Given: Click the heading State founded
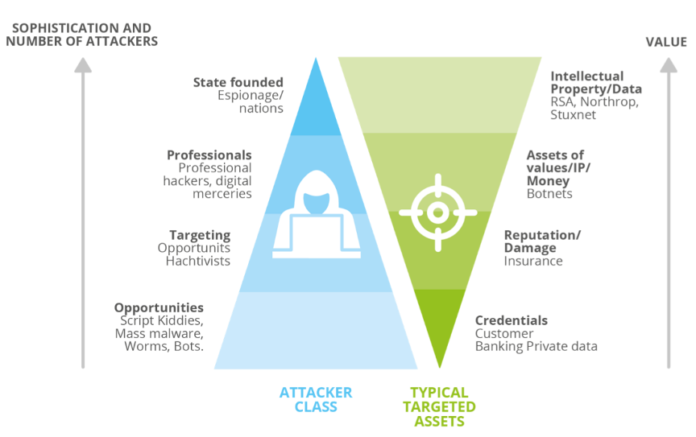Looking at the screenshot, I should pos(238,82).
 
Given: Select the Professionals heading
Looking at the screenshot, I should pos(209,155).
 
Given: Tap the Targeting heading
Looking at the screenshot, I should pos(200,235).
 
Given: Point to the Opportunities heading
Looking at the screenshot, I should pos(159,307).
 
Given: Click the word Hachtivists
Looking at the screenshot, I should pos(198,261).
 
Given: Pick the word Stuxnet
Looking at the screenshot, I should pos(574,115).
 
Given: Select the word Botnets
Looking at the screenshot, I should pos(549,194).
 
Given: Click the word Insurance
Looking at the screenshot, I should pos(533,261).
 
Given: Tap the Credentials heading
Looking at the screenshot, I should pos(511,320).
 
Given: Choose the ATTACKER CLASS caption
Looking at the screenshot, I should pos(316,399).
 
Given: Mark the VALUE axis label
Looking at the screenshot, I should pos(666,42).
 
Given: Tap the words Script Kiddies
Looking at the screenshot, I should pos(168,320).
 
